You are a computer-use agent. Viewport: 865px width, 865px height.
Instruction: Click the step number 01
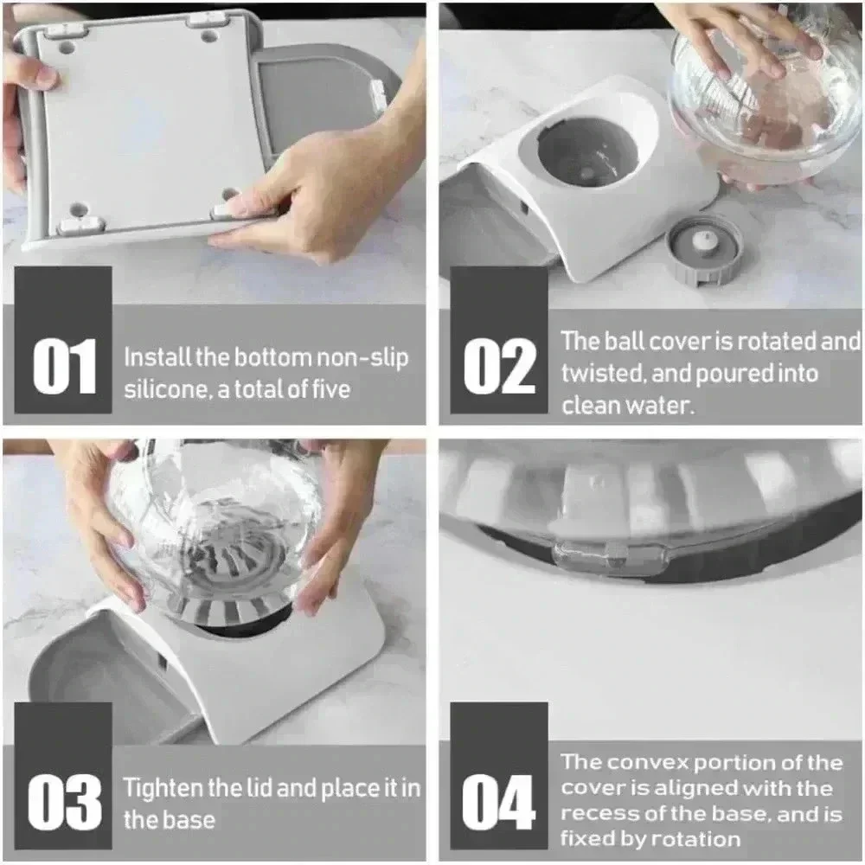[65, 366]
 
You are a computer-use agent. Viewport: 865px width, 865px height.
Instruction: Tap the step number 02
[499, 366]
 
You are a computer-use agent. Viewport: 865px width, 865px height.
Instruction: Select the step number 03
[65, 802]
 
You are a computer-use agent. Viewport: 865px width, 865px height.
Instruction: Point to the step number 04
[498, 802]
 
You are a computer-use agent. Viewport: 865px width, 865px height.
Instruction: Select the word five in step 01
[331, 389]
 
